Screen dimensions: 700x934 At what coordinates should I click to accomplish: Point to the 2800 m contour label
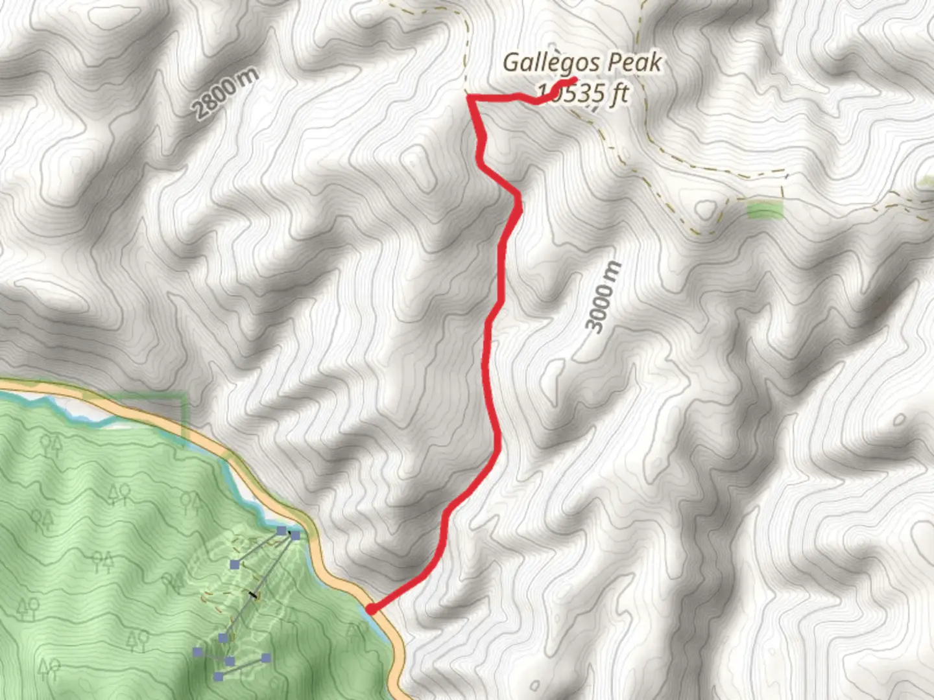pyautogui.click(x=226, y=92)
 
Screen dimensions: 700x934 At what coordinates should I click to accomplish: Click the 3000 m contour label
pyautogui.click(x=603, y=297)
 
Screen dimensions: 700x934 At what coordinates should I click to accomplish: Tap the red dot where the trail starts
pyautogui.click(x=370, y=609)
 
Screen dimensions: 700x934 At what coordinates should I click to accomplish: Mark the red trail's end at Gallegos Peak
pyautogui.click(x=575, y=80)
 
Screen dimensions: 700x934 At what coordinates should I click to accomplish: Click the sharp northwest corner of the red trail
pyautogui.click(x=469, y=97)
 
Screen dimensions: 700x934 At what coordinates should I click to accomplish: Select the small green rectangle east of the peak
pyautogui.click(x=765, y=210)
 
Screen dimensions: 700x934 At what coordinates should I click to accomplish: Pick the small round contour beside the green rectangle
pyautogui.click(x=706, y=209)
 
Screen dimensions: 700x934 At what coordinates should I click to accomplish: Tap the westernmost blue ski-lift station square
pyautogui.click(x=198, y=651)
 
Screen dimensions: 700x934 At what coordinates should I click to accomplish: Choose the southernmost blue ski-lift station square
pyautogui.click(x=219, y=677)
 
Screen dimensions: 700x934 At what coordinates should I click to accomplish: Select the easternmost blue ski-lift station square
pyautogui.click(x=296, y=535)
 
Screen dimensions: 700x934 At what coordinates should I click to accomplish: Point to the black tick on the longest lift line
pyautogui.click(x=254, y=594)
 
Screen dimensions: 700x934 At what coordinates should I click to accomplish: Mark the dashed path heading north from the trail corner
pyautogui.click(x=466, y=52)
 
